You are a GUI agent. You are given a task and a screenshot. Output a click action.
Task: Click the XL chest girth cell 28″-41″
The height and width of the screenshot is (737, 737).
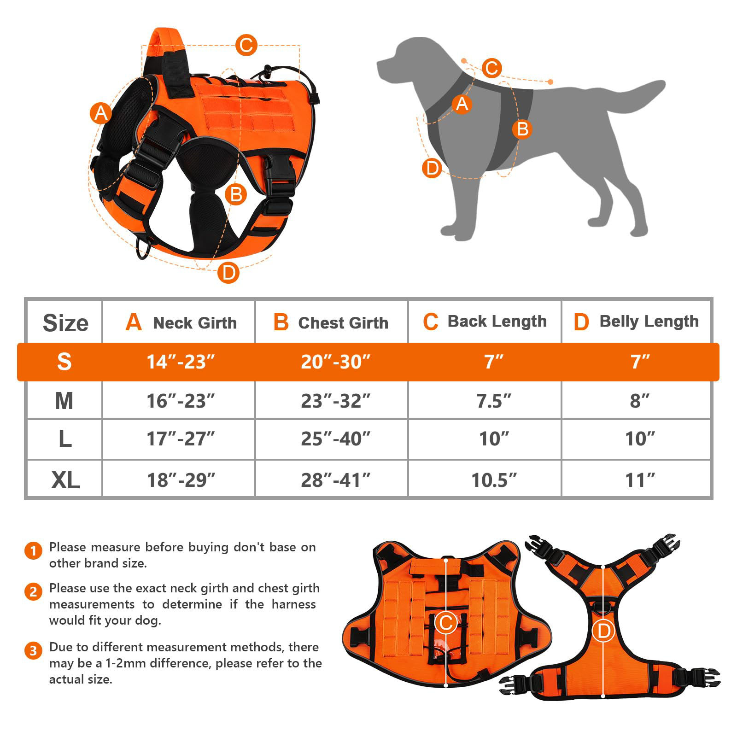point(335,480)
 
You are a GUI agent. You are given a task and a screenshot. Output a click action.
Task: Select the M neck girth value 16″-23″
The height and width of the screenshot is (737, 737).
point(181,401)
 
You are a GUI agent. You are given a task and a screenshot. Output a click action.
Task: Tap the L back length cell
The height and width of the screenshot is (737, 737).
point(494,439)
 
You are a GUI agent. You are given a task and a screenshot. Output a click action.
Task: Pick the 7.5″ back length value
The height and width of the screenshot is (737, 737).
point(494,401)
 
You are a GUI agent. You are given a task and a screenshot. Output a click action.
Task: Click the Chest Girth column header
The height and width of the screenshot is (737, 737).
point(331,322)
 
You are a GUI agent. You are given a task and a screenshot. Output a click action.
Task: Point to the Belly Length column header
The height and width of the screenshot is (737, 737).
point(636,322)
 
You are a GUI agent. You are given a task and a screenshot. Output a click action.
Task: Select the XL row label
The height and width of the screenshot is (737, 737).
point(65,480)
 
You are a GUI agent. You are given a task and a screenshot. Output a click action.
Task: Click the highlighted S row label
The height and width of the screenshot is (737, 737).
point(64,362)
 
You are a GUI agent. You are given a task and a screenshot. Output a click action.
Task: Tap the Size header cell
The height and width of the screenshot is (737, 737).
point(65,322)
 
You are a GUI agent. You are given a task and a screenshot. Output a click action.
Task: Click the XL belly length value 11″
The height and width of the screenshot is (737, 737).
point(640,480)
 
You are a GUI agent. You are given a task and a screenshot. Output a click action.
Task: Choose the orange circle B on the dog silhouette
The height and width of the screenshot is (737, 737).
point(522,129)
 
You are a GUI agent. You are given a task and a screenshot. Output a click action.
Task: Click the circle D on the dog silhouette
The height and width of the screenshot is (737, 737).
point(432,168)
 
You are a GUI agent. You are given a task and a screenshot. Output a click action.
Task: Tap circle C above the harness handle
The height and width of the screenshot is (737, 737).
point(246,46)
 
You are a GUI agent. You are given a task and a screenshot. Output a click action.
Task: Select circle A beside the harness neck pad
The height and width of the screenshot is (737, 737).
point(100,113)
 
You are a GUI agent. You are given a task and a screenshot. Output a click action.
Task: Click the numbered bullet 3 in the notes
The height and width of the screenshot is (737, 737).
point(33,651)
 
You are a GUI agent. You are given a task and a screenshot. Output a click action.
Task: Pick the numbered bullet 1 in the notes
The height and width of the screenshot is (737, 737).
point(33,551)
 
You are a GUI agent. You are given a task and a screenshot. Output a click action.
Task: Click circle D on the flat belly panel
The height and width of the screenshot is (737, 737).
point(603,631)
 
